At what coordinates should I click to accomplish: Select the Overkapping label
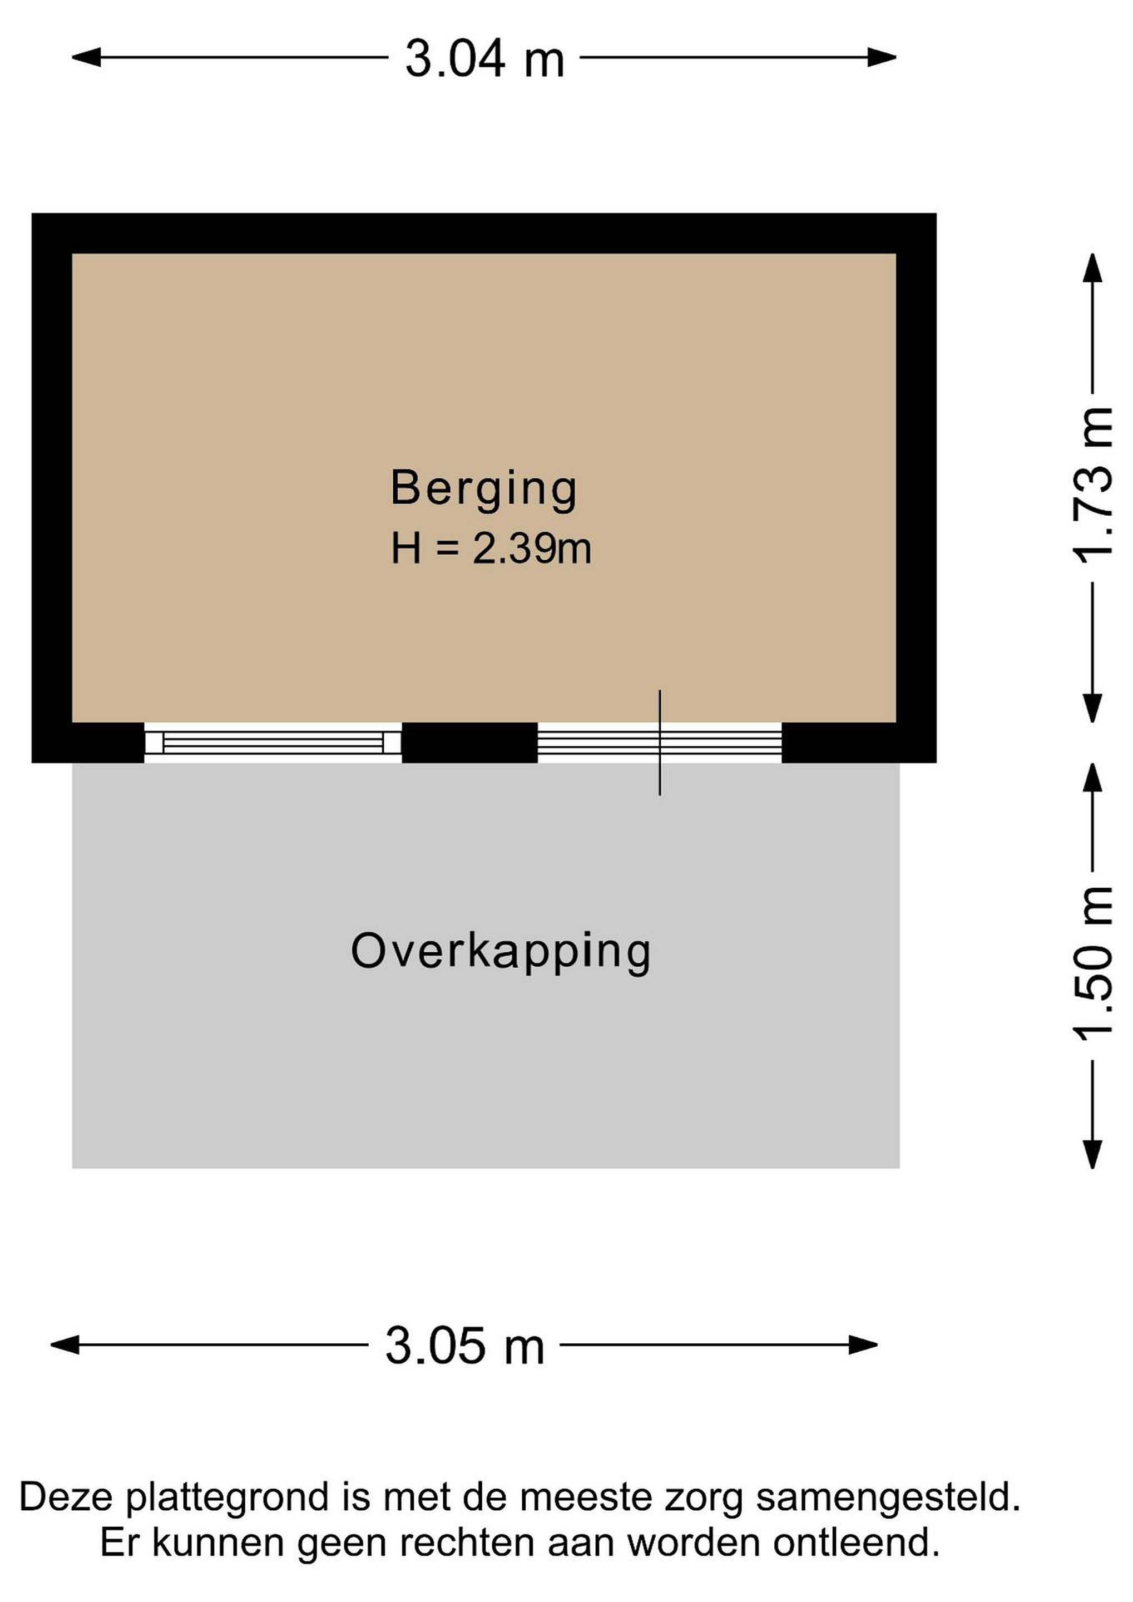[x=501, y=951]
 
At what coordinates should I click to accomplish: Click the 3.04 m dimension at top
[x=484, y=58]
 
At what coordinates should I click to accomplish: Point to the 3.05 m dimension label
[x=464, y=1345]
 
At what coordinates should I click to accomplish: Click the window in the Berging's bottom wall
[x=273, y=743]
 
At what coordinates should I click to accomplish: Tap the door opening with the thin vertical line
[x=659, y=743]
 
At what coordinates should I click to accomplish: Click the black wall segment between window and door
[x=469, y=743]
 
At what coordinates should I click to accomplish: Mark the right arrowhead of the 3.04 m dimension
[x=882, y=57]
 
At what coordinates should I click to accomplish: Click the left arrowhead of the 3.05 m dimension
[x=66, y=1344]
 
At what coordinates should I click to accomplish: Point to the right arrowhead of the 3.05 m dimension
[x=863, y=1344]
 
